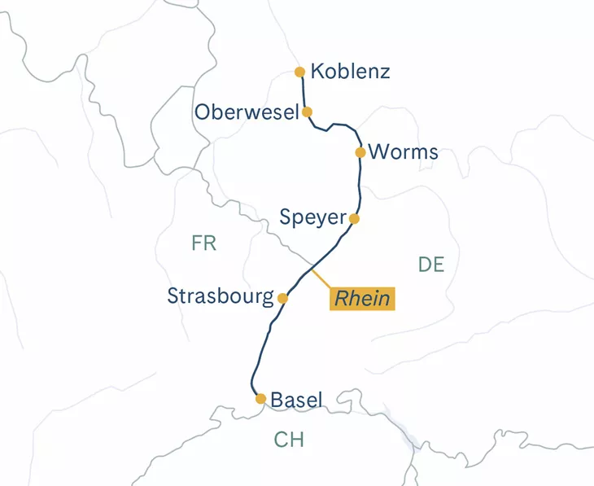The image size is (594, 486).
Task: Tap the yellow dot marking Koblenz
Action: point(300,72)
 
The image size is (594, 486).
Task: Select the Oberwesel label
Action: point(247,112)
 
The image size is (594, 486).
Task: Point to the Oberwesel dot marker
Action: point(307,112)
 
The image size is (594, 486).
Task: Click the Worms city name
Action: point(403,152)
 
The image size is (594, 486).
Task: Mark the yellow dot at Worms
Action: point(360,152)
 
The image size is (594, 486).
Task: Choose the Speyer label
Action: point(312,218)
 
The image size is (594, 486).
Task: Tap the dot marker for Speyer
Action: point(354,218)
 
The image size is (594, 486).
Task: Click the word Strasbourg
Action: point(221,296)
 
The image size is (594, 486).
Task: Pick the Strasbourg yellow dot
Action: point(283,298)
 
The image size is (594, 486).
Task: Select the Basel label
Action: point(296,400)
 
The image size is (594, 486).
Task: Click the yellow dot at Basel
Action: point(260,399)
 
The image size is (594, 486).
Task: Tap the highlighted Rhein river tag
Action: point(362,299)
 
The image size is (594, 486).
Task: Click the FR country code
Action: point(204,243)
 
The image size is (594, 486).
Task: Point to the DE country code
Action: point(430,264)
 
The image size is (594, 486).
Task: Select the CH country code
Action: point(289,440)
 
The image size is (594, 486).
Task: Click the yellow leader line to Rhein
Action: point(320,277)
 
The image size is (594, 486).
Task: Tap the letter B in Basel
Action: point(277,400)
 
